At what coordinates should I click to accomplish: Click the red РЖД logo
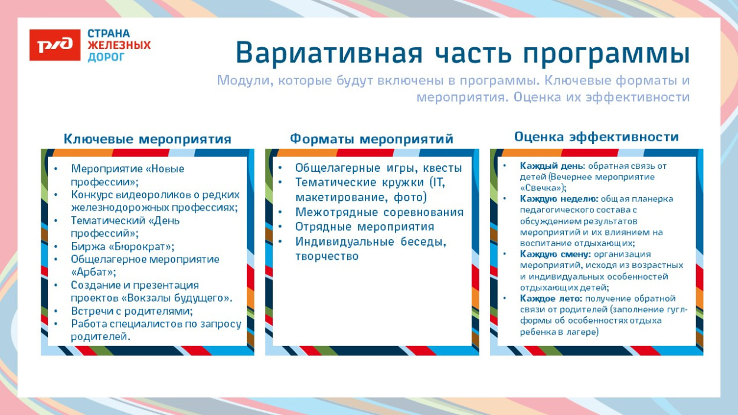54,45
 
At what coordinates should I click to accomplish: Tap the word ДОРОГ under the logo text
106,57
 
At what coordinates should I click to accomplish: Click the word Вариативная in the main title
329,54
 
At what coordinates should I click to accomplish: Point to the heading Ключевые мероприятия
147,139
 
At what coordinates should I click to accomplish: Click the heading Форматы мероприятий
371,139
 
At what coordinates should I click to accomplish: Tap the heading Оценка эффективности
596,137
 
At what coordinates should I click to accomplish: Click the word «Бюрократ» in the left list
142,246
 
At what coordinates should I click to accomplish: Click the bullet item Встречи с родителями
132,311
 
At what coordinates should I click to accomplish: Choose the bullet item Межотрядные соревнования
379,212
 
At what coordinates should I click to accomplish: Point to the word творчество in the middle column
326,256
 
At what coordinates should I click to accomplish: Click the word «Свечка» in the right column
541,188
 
